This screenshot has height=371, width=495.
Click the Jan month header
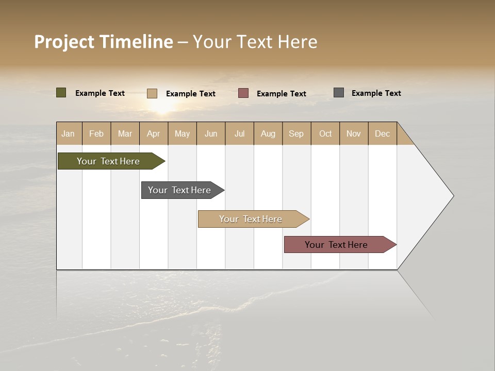click(69, 133)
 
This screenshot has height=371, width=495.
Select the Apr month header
click(154, 133)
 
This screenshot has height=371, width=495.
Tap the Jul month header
click(239, 133)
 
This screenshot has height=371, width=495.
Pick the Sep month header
click(296, 133)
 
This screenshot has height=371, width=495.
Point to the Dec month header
click(382, 133)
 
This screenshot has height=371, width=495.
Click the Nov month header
click(354, 133)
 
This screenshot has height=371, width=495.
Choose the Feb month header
click(96, 133)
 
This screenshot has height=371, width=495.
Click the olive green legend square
click(61, 93)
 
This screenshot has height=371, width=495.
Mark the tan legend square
click(152, 93)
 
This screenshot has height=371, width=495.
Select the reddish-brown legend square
click(243, 93)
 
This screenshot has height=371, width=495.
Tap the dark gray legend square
click(339, 93)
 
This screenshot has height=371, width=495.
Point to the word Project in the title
click(64, 41)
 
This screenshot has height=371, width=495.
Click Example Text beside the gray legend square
click(376, 93)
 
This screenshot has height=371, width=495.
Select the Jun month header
click(211, 133)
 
